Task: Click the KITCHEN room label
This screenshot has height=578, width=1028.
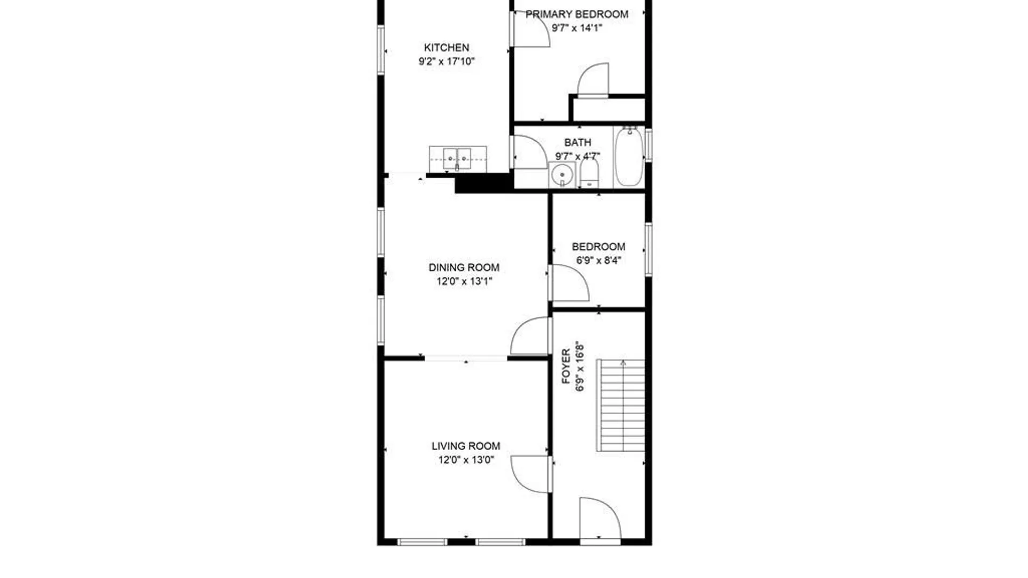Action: (x=447, y=48)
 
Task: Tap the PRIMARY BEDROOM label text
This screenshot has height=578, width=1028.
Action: (x=577, y=14)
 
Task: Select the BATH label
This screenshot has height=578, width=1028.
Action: (x=578, y=142)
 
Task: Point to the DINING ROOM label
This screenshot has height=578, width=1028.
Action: (x=464, y=268)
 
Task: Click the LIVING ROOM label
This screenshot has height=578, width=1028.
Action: (x=466, y=446)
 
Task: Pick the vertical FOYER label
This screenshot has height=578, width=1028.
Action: (x=566, y=367)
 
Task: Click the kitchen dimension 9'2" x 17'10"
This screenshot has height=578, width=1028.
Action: (x=447, y=62)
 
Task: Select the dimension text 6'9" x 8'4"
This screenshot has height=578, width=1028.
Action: (x=598, y=261)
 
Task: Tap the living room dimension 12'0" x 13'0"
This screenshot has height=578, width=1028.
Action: (x=466, y=460)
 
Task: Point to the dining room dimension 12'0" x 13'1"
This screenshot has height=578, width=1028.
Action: (x=464, y=282)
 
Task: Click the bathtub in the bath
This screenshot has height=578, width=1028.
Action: (x=629, y=156)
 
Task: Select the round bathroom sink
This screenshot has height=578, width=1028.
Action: (x=562, y=174)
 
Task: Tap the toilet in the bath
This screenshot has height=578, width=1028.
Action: (x=589, y=174)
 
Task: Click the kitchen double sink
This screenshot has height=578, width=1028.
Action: (x=457, y=159)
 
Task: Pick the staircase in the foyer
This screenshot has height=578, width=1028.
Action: (x=621, y=405)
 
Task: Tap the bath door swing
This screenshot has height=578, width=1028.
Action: (x=529, y=153)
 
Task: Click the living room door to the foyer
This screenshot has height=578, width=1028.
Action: (x=530, y=474)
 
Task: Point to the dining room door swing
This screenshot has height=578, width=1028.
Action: (x=531, y=336)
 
